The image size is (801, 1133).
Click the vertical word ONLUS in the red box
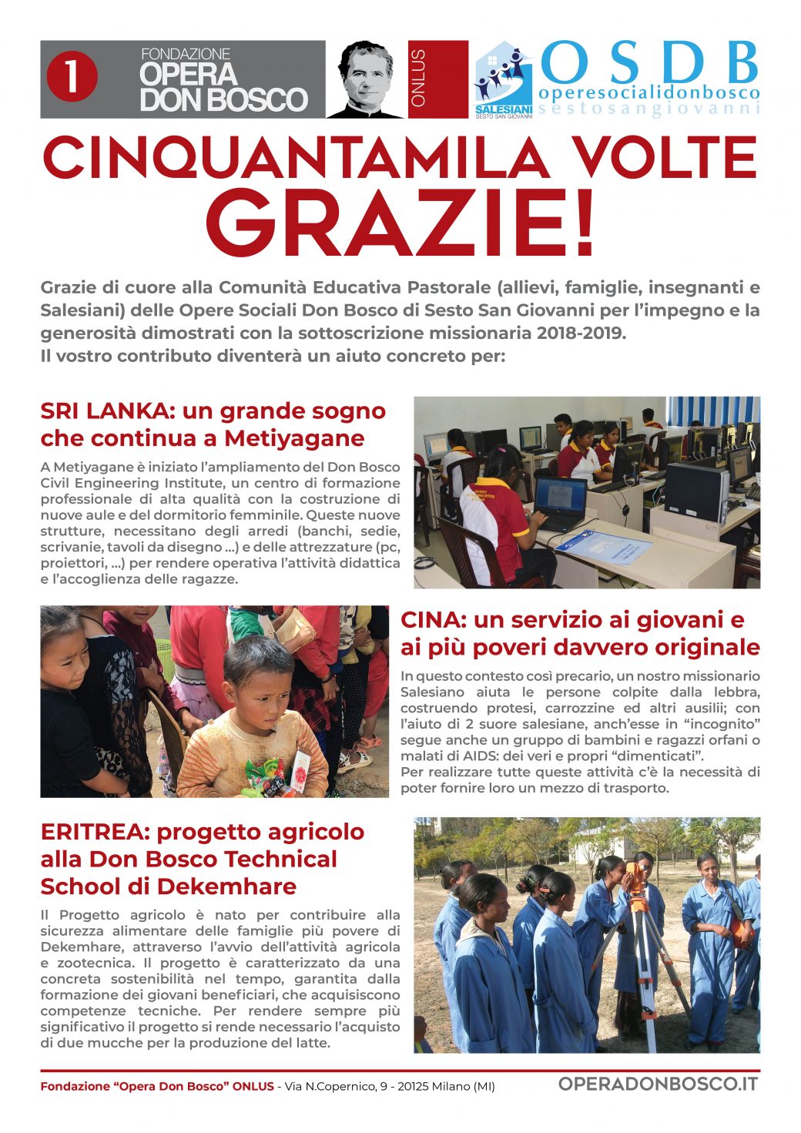tap(418, 79)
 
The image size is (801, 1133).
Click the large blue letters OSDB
tap(650, 63)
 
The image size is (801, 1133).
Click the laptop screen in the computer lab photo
tap(560, 495)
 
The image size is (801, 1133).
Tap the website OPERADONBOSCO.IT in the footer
tap(658, 1084)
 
